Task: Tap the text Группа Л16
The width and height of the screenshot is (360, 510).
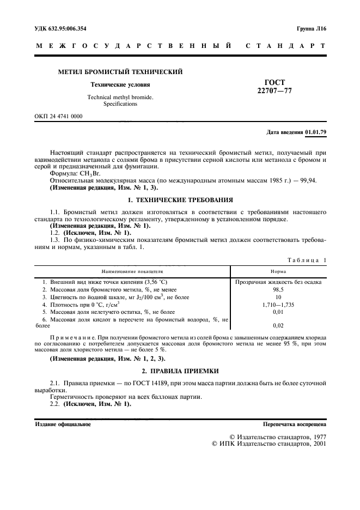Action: pos(310,28)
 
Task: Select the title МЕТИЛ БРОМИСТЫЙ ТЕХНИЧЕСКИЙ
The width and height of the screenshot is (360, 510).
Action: pos(120,71)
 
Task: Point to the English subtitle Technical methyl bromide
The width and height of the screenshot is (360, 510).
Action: pos(120,97)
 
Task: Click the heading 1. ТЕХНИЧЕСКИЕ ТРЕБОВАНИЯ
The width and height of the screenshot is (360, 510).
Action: pos(180,200)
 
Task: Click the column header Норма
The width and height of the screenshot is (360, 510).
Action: pos(278,271)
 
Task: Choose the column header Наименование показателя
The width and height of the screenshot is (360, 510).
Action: pos(132,271)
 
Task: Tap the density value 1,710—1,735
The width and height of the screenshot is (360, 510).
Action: pos(278,305)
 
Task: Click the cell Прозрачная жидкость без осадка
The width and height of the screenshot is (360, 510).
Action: pos(278,282)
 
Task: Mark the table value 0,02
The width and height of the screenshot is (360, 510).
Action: pos(278,325)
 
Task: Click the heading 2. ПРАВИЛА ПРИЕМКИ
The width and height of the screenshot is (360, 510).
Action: pos(180,371)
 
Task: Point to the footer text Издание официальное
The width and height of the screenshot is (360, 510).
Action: pos(63,423)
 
